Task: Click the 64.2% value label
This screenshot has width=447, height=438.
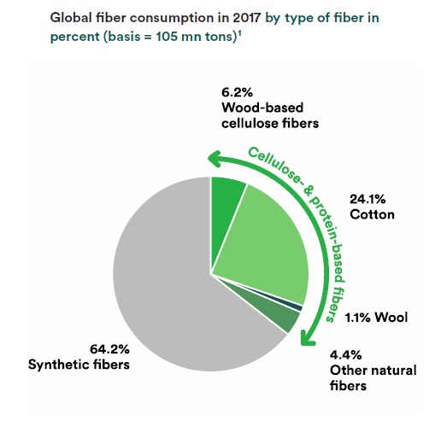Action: coord(109,349)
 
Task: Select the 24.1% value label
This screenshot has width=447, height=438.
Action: coord(368,199)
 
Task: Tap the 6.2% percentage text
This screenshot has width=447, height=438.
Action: coord(238,92)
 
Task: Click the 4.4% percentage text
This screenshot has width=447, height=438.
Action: coord(346,355)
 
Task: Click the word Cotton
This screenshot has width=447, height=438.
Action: coord(372,214)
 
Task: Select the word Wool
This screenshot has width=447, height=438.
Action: coord(391,318)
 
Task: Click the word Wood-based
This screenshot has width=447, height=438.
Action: coord(262,108)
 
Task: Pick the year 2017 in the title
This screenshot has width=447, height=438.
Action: coord(246,18)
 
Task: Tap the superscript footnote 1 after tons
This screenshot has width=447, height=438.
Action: coord(240,33)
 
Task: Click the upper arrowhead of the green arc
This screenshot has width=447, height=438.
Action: coord(215,158)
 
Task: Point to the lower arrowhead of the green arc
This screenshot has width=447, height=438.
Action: coord(308,338)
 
